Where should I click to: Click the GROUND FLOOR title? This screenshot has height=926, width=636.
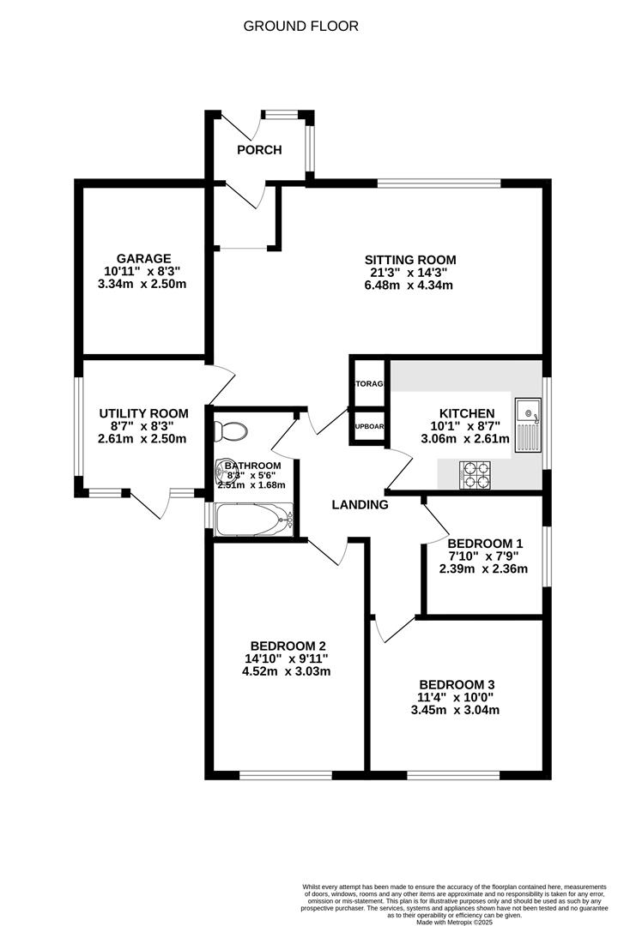point(300,26)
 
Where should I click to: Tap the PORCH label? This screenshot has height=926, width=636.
point(259,150)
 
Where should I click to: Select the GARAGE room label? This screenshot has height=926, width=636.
point(144,258)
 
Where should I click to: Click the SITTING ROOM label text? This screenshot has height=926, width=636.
point(410,260)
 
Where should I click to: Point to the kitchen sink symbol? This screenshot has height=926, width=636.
point(527,424)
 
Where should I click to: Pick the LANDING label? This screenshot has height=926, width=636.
point(360,505)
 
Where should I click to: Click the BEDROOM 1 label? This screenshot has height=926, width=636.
point(485,543)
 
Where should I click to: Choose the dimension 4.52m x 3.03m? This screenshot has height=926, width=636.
point(288,671)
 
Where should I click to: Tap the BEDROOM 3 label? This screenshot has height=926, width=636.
point(457,684)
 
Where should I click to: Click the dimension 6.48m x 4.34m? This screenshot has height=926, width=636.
point(410,286)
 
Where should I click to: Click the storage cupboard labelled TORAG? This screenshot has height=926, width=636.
point(369,385)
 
